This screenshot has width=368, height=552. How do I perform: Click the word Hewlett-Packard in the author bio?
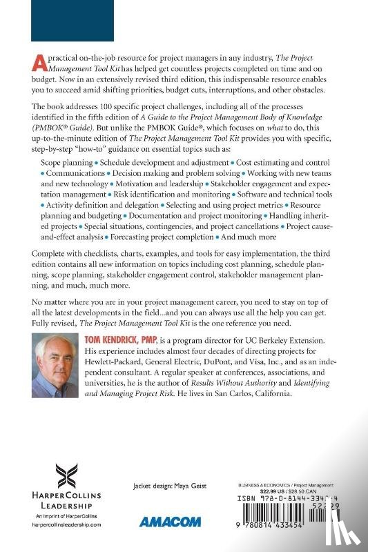tap(123, 362)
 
